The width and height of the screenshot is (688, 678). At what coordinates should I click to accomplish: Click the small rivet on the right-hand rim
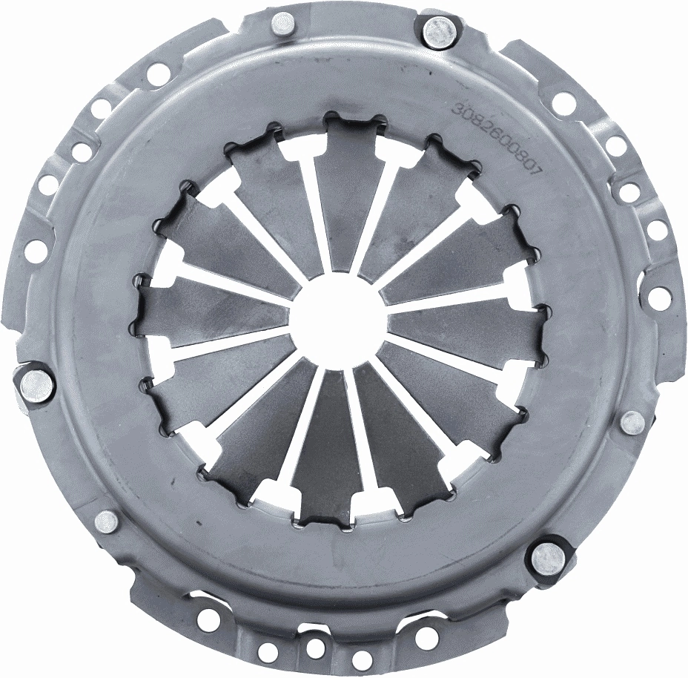632,422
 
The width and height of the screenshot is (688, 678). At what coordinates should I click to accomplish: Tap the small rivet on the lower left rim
107,521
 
